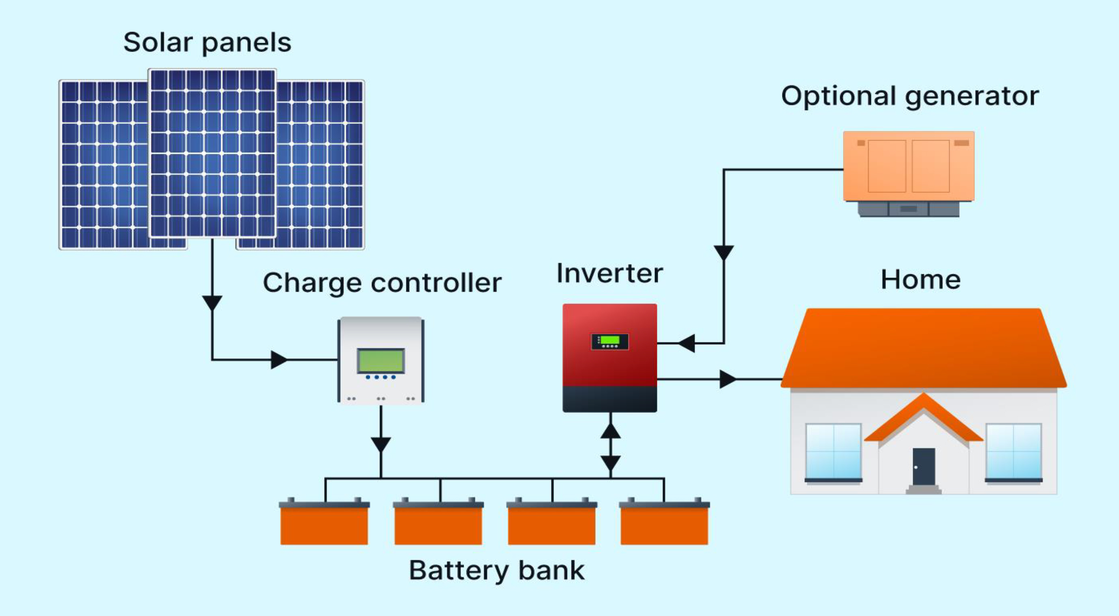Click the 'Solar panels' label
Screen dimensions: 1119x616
pos(207,43)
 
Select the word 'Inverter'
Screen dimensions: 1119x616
pos(609,273)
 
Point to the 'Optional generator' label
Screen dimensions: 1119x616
pos(910,97)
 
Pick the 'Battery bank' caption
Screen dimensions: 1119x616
pos(497,571)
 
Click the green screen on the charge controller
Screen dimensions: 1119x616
pos(381,360)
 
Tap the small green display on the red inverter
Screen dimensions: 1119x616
pos(609,340)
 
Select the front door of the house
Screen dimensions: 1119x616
pos(924,466)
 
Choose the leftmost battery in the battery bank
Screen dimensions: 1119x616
pos(324,521)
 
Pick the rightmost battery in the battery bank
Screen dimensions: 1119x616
pos(664,521)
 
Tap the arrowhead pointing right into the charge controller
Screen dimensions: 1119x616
pos(279,360)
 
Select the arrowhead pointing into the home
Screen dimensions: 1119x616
pos(728,380)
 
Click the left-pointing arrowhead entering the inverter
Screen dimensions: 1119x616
pos(686,343)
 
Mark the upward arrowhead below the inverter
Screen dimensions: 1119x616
pos(610,430)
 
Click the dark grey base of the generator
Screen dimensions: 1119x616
pos(909,209)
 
